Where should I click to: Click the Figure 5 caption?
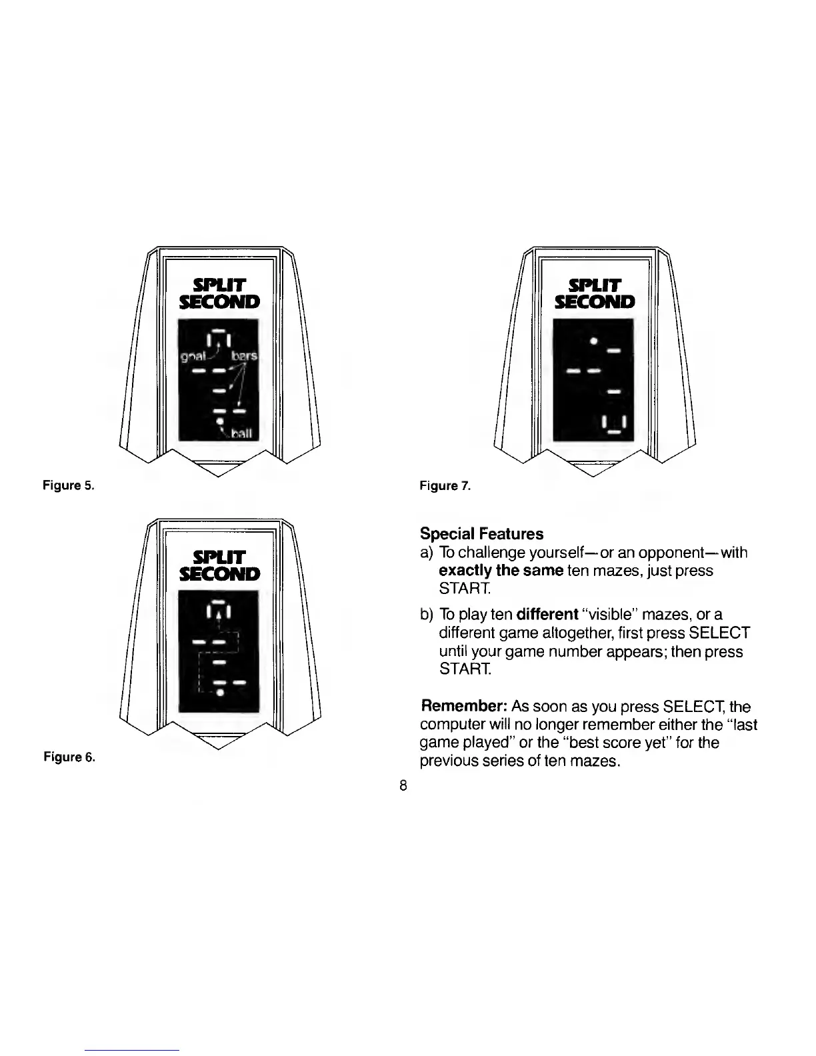click(69, 485)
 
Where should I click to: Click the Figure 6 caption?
click(69, 757)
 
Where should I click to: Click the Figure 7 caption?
click(445, 486)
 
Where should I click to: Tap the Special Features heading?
click(481, 534)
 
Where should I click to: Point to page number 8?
click(403, 785)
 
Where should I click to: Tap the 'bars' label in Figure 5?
click(244, 357)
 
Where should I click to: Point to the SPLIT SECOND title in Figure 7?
click(595, 294)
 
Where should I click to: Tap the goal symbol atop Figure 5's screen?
click(219, 337)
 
